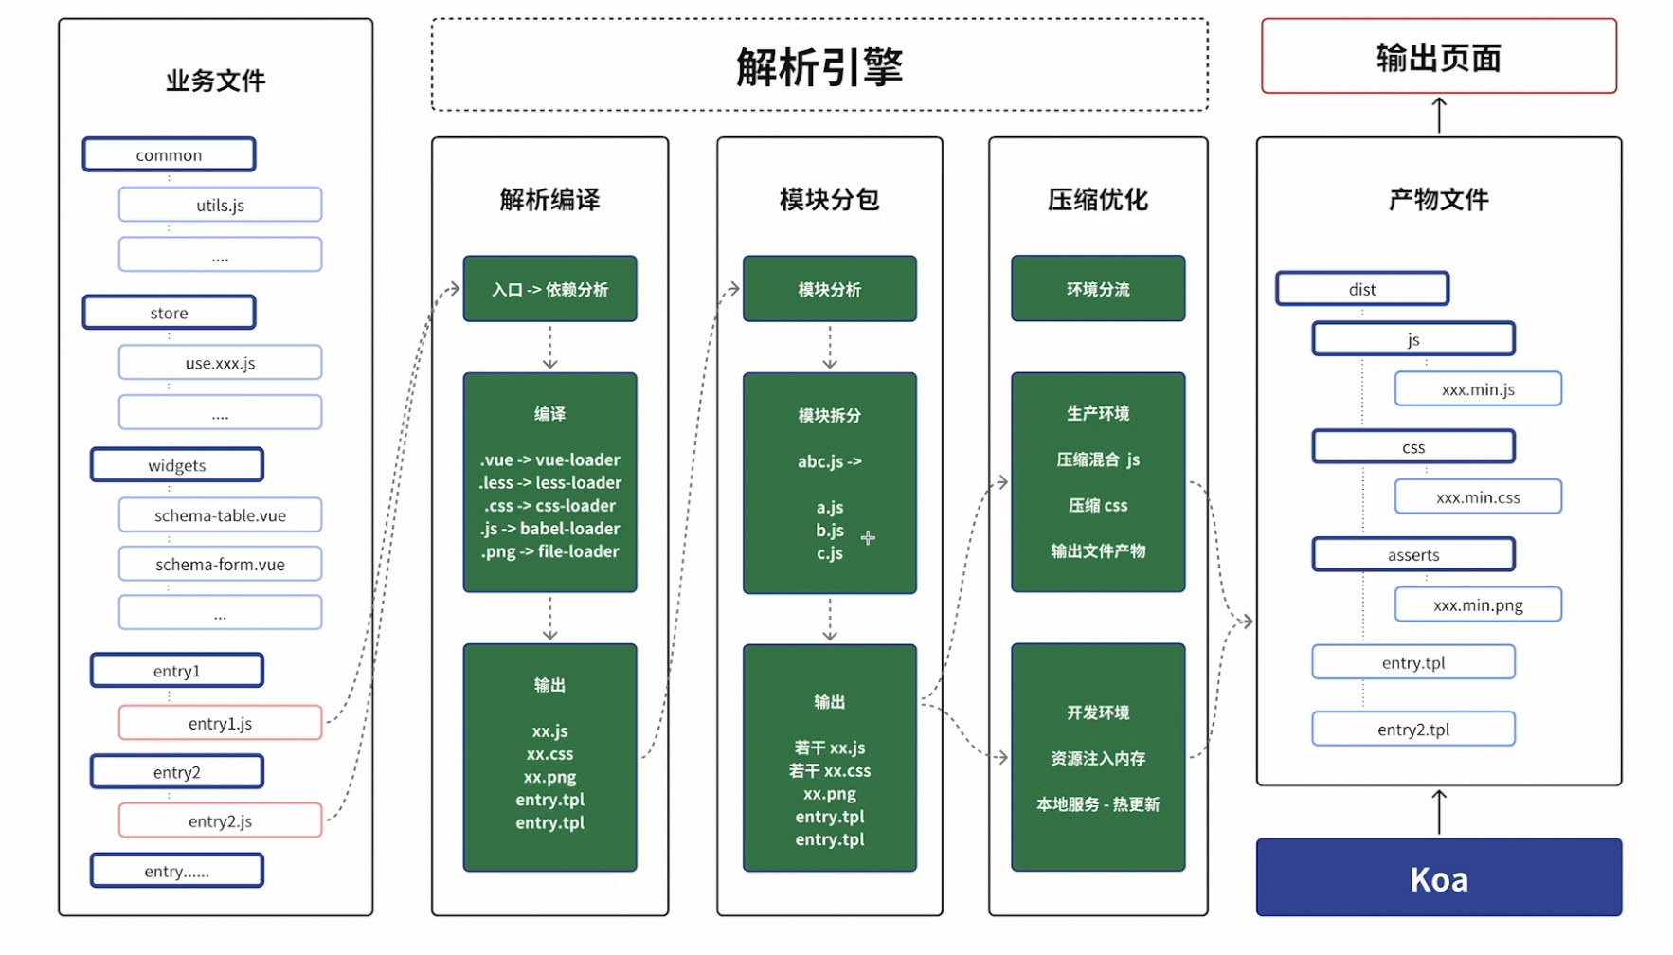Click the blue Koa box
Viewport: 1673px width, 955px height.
[x=1438, y=877]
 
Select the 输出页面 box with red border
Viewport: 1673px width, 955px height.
[x=1438, y=57]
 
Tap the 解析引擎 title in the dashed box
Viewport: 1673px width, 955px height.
[x=819, y=66]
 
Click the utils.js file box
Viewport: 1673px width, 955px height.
[x=220, y=205]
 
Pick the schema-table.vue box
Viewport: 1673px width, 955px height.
[x=220, y=515]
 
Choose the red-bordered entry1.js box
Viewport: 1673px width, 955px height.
[x=220, y=723]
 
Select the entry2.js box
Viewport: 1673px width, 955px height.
[x=220, y=820]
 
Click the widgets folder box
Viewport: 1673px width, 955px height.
[x=176, y=465]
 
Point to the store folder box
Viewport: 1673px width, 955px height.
[x=169, y=313]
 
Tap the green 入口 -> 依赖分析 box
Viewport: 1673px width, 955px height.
[x=549, y=289]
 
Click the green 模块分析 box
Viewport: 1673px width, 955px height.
[x=829, y=289]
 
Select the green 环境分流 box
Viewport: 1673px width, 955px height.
[x=1098, y=289]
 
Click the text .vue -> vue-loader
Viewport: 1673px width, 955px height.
[x=549, y=459]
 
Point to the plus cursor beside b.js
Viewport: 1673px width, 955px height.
[x=868, y=537]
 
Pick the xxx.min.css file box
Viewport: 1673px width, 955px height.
[x=1477, y=496]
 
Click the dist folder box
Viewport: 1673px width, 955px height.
[x=1361, y=289]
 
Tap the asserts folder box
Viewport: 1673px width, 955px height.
[x=1412, y=554]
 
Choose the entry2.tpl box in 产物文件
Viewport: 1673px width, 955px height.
[x=1412, y=729]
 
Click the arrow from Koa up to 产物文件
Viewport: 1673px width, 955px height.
[x=1439, y=812]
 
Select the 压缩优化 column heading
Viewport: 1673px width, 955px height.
[x=1098, y=199]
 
